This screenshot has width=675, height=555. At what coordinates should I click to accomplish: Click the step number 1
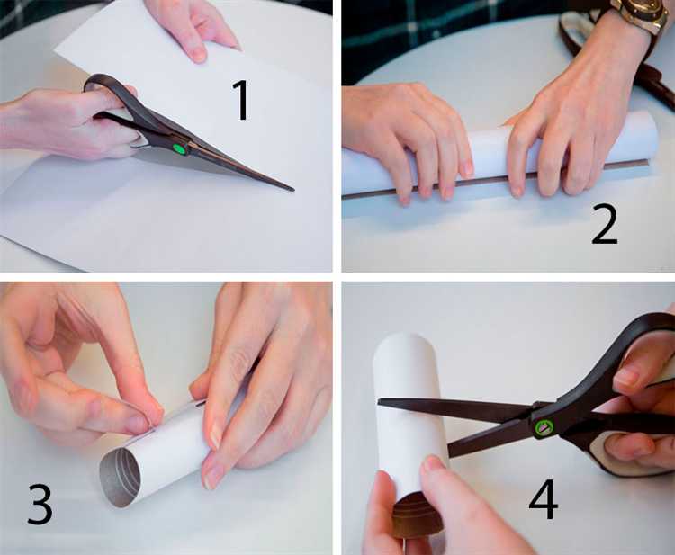click(x=242, y=100)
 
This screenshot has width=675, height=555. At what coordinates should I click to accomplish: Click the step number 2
click(x=605, y=224)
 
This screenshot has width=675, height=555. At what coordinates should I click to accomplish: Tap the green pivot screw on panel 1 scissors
click(x=179, y=148)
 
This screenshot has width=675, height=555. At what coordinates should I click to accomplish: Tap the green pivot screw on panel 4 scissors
click(x=543, y=428)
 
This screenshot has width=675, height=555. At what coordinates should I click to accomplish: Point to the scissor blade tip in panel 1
click(x=293, y=189)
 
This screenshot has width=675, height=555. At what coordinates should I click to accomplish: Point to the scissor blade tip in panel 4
click(x=380, y=401)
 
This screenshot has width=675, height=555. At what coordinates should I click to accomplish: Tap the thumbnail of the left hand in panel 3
click(x=137, y=424)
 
